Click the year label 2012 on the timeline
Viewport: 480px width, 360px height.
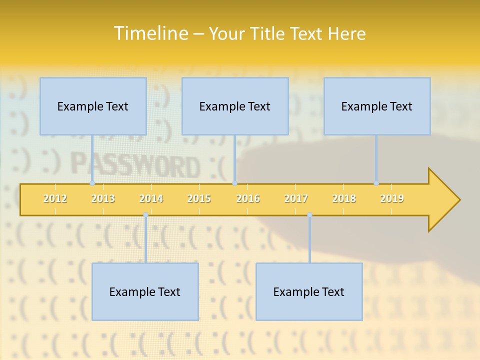(x=55, y=198)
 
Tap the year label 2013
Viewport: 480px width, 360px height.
(x=103, y=198)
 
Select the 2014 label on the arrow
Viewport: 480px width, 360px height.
(x=151, y=198)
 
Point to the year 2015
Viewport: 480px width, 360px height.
(x=199, y=198)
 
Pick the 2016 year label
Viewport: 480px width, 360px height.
(x=248, y=198)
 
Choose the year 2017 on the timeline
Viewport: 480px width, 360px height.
(x=296, y=198)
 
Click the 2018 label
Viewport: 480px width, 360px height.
(x=344, y=198)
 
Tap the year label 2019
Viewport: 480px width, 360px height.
(x=392, y=198)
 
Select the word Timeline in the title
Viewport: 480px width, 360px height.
(x=150, y=33)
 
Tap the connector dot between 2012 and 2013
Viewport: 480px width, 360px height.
(x=92, y=183)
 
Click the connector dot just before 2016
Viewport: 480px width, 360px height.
(x=235, y=183)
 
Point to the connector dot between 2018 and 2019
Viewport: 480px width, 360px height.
(x=376, y=183)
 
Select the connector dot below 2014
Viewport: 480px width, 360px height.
(x=145, y=215)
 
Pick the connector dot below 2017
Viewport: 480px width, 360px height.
(x=309, y=215)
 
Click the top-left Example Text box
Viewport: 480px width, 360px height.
(x=93, y=106)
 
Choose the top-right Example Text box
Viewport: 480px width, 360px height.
(x=377, y=106)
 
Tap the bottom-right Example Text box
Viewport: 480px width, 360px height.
(x=309, y=291)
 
